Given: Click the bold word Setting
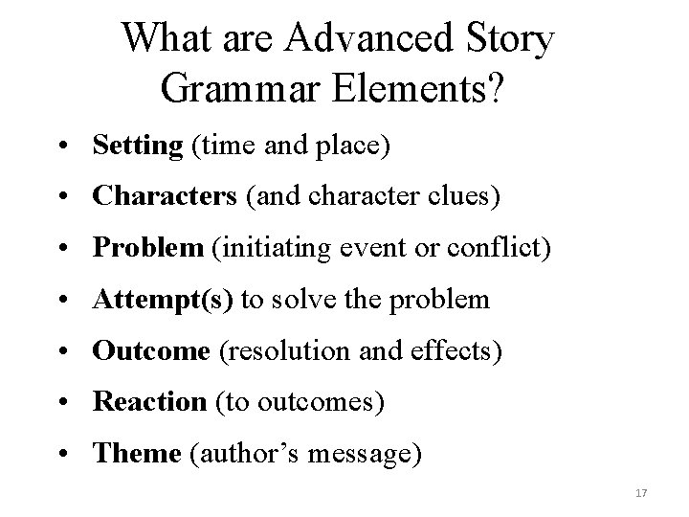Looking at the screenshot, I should point(137,146).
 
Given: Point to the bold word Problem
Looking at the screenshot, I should point(147,249).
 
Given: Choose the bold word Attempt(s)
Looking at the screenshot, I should point(162,301).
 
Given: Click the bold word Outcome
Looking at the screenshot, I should point(150,351).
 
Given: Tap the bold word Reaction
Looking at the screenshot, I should point(149,403).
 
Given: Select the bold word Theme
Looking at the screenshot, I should point(136,454).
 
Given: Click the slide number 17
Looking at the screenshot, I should point(642,493).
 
